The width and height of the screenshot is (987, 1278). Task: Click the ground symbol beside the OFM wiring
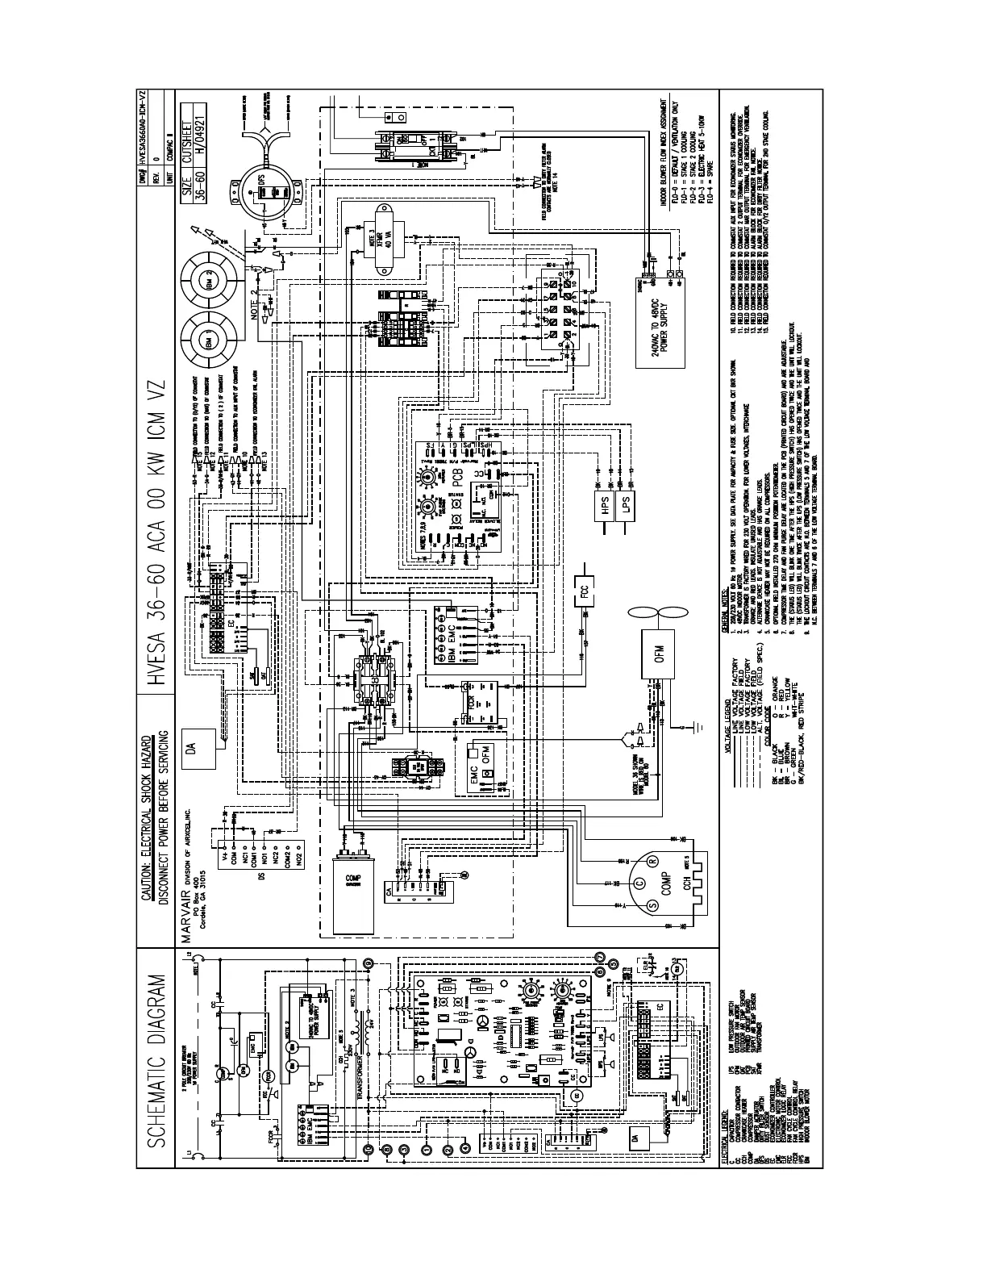click(x=684, y=728)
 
